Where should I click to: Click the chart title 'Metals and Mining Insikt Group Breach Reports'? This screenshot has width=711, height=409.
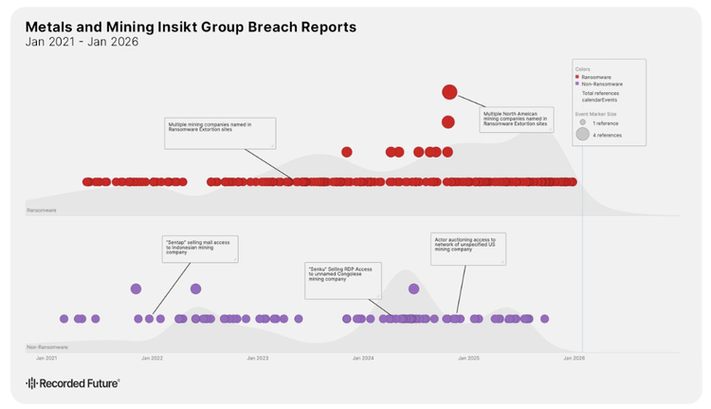(191, 27)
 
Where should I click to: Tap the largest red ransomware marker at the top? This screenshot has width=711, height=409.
(449, 92)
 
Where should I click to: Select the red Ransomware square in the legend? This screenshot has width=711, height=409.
(577, 76)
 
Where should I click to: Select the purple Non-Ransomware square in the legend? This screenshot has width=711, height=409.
(577, 84)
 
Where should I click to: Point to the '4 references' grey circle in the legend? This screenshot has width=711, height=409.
(583, 135)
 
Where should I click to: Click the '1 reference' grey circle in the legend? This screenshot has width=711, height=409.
(583, 123)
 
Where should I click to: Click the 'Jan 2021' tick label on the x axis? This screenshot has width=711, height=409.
(46, 359)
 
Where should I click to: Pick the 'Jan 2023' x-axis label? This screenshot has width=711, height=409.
(258, 359)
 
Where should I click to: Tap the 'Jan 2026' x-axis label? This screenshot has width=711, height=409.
(574, 359)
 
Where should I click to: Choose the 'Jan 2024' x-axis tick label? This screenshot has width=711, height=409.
(363, 359)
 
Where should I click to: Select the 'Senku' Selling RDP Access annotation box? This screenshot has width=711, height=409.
(343, 280)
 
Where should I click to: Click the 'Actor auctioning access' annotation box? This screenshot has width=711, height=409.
(468, 249)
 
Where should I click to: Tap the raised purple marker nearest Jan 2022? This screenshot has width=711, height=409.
(136, 288)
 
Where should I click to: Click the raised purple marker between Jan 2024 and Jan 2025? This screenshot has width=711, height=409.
(413, 288)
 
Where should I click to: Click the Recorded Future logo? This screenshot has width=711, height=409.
(72, 383)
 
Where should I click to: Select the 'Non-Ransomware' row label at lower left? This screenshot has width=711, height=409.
(46, 348)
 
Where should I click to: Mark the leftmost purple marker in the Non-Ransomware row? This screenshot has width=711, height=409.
(64, 319)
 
